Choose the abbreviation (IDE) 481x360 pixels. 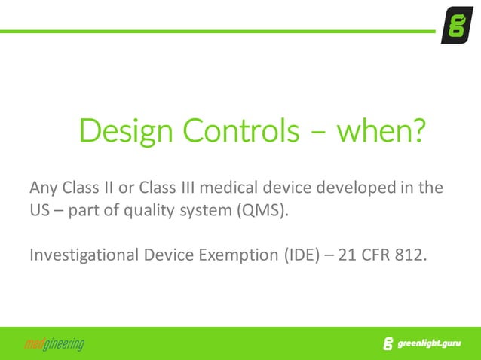point(303,255)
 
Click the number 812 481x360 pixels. point(415,255)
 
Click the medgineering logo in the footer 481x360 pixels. point(54,345)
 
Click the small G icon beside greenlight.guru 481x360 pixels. point(388,345)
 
